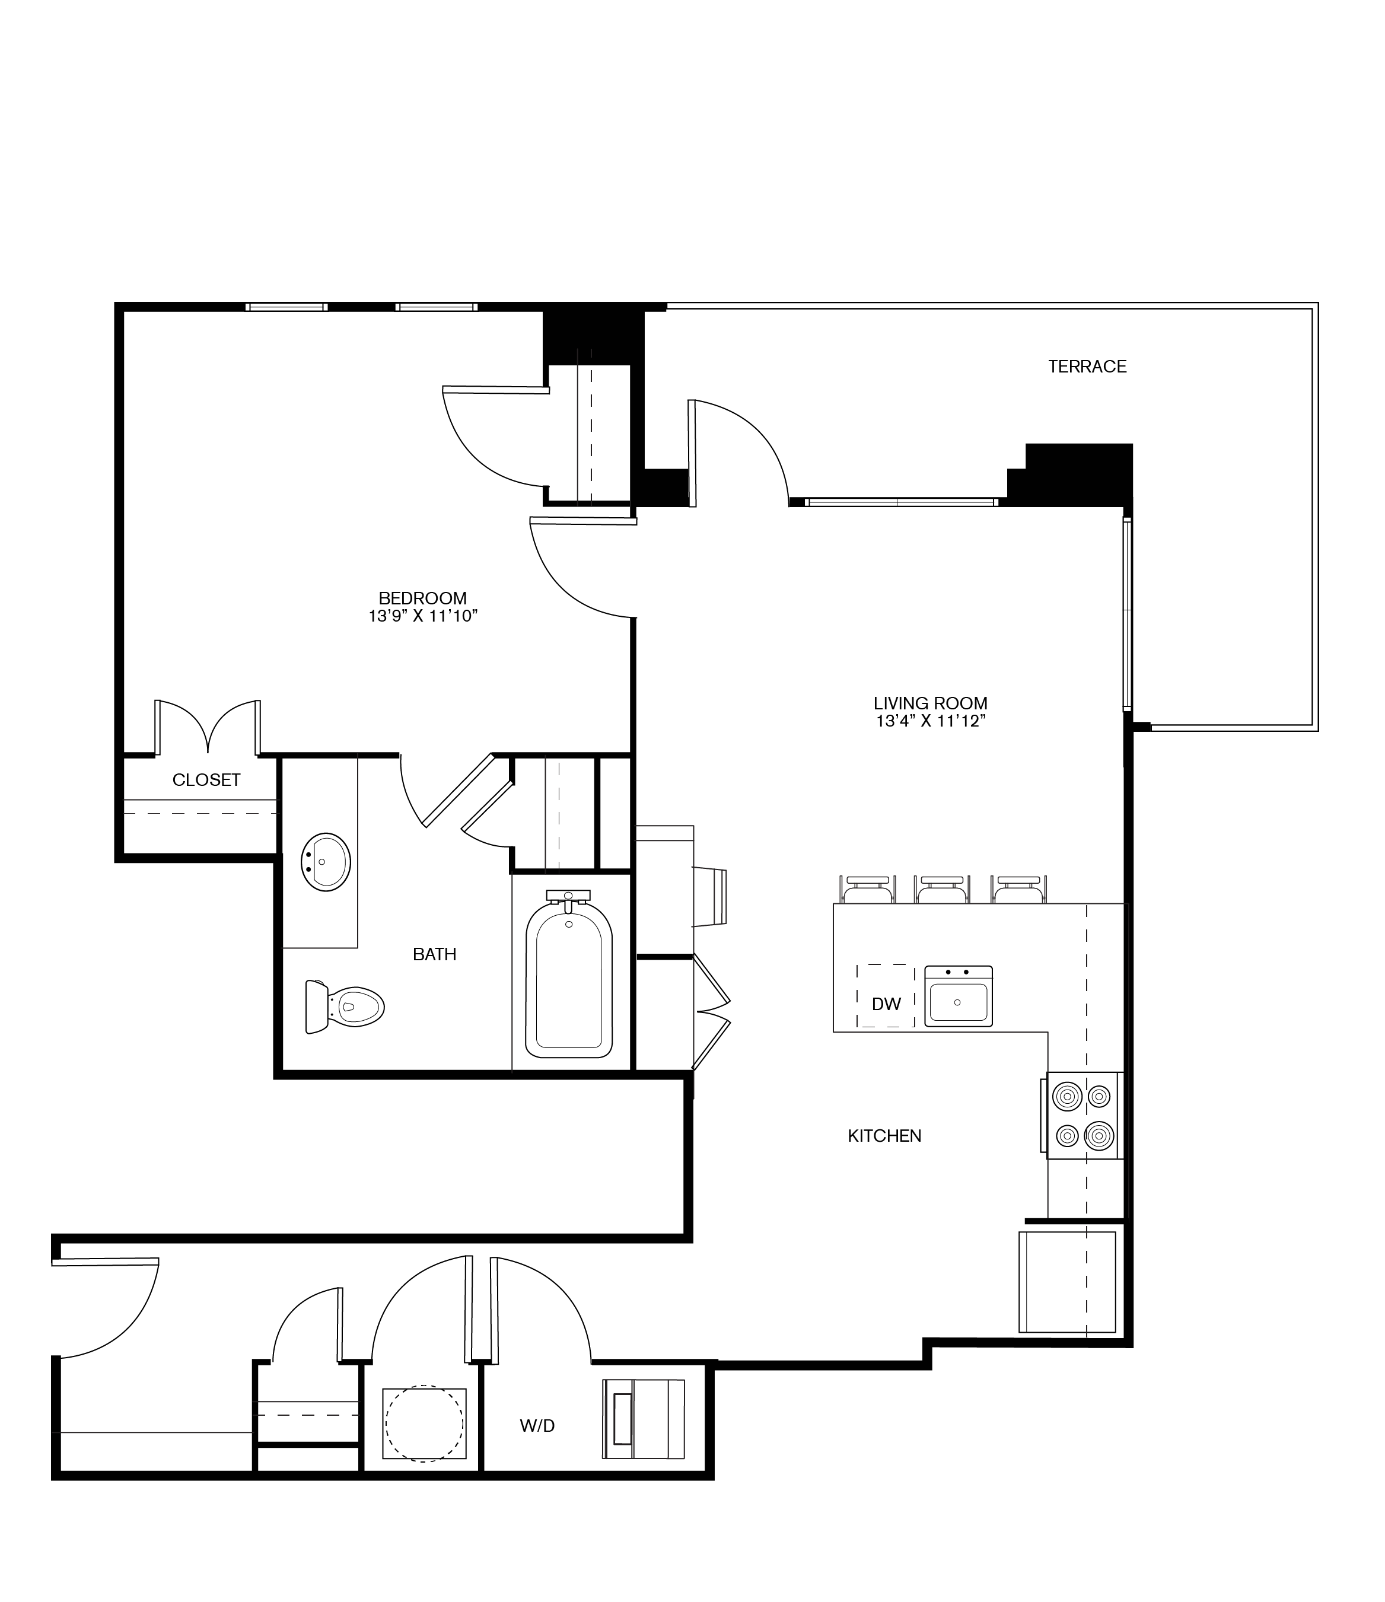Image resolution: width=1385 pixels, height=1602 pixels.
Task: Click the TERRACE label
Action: click(1087, 367)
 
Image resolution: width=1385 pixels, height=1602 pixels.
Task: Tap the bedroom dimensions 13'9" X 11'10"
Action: click(423, 616)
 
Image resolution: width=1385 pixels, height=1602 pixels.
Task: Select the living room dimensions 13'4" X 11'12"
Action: click(930, 721)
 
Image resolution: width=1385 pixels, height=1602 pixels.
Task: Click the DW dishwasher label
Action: click(886, 1004)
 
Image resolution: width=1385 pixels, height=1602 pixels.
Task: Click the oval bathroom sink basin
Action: click(326, 862)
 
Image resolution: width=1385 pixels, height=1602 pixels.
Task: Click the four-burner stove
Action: click(1084, 1116)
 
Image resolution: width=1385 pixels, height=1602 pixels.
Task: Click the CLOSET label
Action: click(206, 780)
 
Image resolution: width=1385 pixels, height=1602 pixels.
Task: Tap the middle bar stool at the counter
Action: click(941, 889)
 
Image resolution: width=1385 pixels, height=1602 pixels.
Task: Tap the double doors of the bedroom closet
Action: click(207, 727)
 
